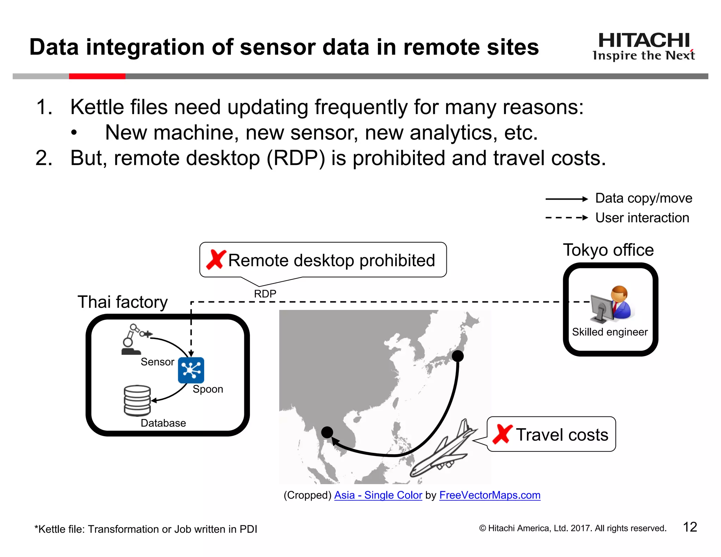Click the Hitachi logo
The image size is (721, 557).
coord(644,46)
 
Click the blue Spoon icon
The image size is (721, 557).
coord(191,370)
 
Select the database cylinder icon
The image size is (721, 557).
coord(137,401)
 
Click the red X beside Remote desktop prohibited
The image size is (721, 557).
coord(215,260)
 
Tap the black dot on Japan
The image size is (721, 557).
coord(457,356)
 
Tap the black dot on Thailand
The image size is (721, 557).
coord(327,432)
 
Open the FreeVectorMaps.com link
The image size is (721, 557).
coord(490,495)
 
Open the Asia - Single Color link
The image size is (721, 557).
coord(378,495)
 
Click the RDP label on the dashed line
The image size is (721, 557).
coord(265,294)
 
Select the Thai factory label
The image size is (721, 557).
coord(123,302)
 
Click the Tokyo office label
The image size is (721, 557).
coord(608,250)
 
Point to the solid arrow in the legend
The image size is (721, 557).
coord(566,199)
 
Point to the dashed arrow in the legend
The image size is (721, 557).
coord(566,218)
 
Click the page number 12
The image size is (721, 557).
coord(690,527)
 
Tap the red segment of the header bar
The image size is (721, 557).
coord(97,76)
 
